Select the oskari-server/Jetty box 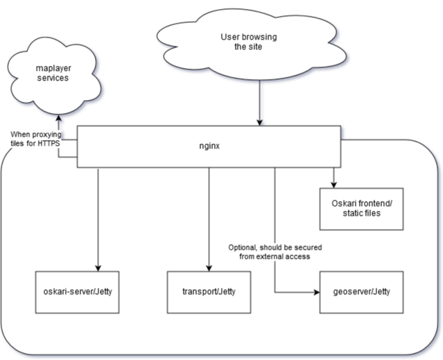tap(78, 291)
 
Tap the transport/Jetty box tap(209, 291)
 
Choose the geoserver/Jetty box tap(361, 291)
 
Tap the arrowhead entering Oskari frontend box tap(334, 184)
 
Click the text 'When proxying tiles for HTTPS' tap(35, 138)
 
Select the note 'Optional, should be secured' tap(275, 248)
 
